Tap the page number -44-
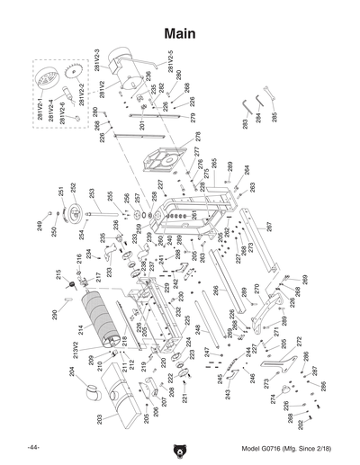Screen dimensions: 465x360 [x=33, y=448]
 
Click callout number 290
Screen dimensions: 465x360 [x=54, y=315]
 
